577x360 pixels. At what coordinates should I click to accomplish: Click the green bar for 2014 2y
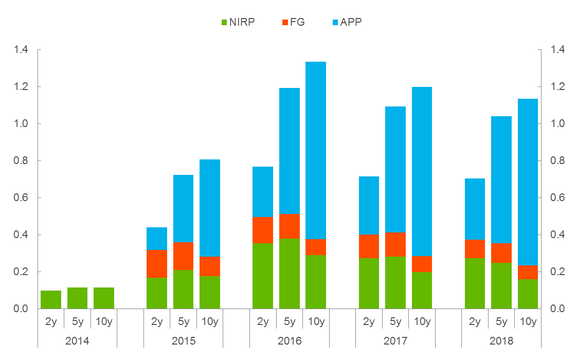(51, 300)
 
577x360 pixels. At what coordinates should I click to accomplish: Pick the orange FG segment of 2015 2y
(157, 263)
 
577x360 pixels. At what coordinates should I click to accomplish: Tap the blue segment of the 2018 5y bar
(501, 179)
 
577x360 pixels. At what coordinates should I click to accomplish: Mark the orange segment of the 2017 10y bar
(422, 264)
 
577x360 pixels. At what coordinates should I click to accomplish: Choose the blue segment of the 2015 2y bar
(157, 238)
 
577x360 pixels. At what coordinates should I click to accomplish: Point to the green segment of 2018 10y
(528, 294)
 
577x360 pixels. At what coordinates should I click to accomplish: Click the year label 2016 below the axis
(290, 341)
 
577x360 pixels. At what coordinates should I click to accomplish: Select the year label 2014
(78, 341)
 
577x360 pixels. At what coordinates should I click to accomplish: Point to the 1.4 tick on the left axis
(21, 50)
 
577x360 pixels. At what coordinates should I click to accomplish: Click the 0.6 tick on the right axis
(558, 198)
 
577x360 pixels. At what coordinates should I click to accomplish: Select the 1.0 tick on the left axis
(21, 124)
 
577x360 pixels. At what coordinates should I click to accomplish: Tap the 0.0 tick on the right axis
(558, 309)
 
